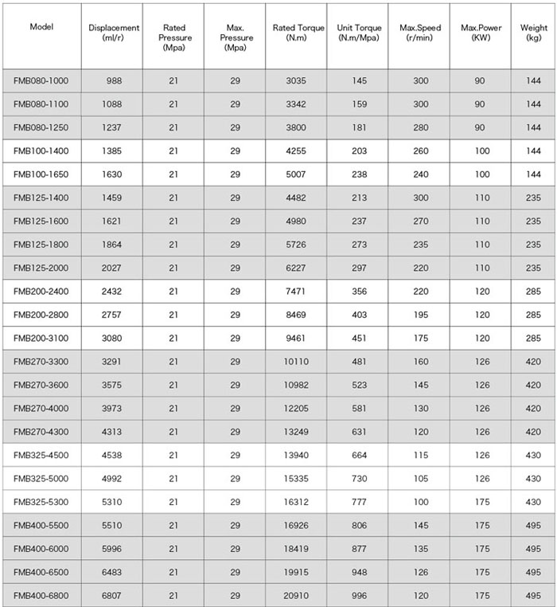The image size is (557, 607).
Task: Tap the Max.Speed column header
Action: pos(420,33)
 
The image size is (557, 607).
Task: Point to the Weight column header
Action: pos(534,33)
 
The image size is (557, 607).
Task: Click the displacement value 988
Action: pos(114,80)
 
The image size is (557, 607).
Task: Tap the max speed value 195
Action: pos(420,315)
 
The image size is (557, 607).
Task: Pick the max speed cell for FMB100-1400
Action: pos(420,151)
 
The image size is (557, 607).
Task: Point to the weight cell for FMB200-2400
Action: pos(533,292)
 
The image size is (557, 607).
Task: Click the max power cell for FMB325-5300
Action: pos(481,502)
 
